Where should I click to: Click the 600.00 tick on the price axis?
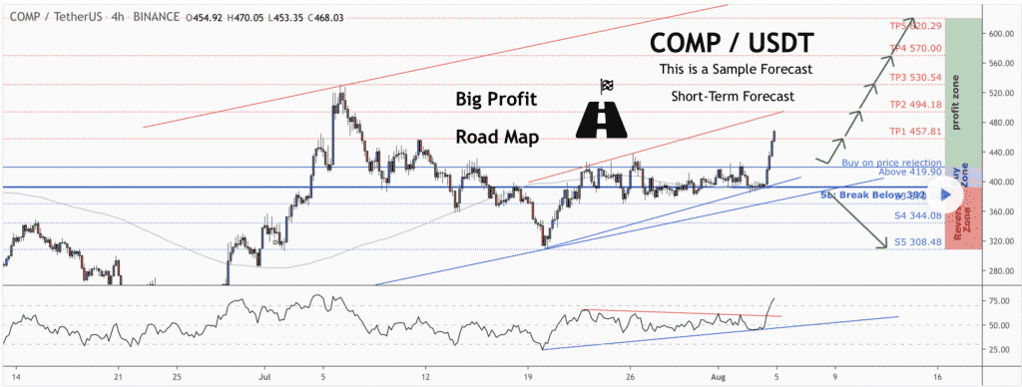pos(989,34)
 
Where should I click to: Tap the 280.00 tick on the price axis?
pos(989,271)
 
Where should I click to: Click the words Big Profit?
pos(497,100)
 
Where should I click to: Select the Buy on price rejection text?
pos(891,162)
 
